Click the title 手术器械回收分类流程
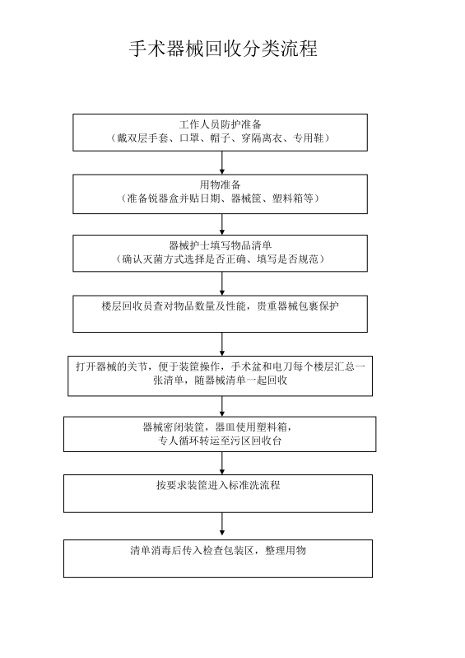pyautogui.click(x=223, y=49)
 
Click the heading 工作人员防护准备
pyautogui.click(x=220, y=124)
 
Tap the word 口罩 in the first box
pyautogui.click(x=189, y=138)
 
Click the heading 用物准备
pyautogui.click(x=220, y=184)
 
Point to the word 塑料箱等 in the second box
pyautogui.click(x=293, y=198)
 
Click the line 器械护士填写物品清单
pyautogui.click(x=220, y=245)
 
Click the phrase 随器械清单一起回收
pyautogui.click(x=241, y=380)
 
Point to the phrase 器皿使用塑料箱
pyautogui.click(x=251, y=427)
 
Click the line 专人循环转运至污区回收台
pyautogui.click(x=220, y=441)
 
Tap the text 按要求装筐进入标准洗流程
pyautogui.click(x=218, y=486)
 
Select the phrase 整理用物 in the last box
pyautogui.click(x=285, y=551)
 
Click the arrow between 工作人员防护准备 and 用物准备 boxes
pyautogui.click(x=222, y=163)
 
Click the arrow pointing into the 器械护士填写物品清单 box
pyautogui.click(x=222, y=225)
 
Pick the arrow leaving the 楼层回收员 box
pyautogui.click(x=222, y=344)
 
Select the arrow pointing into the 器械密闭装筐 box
pyautogui.click(x=222, y=406)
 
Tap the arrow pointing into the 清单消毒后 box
pyautogui.click(x=222, y=526)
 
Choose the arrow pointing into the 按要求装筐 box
pyautogui.click(x=222, y=464)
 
